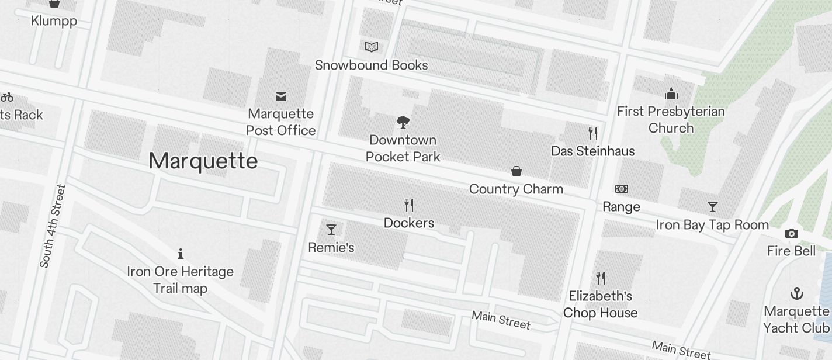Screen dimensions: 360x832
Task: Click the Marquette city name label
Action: (x=203, y=161)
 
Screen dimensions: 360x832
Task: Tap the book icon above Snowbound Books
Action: (x=372, y=47)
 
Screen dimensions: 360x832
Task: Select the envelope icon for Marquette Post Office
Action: (x=281, y=96)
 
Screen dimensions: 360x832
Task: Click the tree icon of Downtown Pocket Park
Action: (x=403, y=122)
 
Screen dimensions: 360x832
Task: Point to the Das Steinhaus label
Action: (x=592, y=151)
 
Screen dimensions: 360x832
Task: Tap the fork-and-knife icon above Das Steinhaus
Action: (x=593, y=133)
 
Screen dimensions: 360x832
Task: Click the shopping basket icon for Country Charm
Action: (x=516, y=171)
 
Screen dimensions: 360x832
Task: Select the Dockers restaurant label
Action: (x=408, y=223)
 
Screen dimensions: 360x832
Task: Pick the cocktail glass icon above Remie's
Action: (x=331, y=229)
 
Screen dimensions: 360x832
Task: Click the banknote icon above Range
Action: (x=622, y=189)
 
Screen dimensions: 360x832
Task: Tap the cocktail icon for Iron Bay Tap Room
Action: (x=712, y=207)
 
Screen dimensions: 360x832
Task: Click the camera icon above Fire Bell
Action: (x=792, y=233)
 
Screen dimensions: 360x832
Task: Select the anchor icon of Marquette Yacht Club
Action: (x=796, y=293)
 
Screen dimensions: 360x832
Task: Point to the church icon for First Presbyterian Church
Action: (x=671, y=94)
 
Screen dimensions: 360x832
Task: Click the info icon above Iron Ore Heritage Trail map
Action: (x=181, y=254)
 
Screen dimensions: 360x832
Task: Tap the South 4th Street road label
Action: (x=53, y=226)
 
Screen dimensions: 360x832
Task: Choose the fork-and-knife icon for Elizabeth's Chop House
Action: (x=600, y=278)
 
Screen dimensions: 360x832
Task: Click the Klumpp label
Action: (x=54, y=21)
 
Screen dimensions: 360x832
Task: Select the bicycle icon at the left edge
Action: (x=6, y=97)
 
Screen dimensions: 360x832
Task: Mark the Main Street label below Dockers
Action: (x=501, y=320)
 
